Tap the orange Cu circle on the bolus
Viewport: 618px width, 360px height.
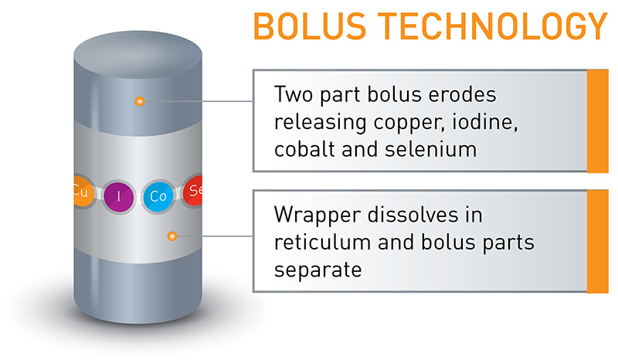(81, 193)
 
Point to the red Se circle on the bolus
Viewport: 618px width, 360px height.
(194, 192)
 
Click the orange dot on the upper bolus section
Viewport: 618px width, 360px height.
(139, 101)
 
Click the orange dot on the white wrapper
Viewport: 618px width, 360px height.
(172, 235)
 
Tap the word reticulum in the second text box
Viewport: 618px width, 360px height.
(323, 241)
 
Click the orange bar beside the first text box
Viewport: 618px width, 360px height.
(598, 121)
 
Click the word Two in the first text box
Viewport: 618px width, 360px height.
(294, 95)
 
